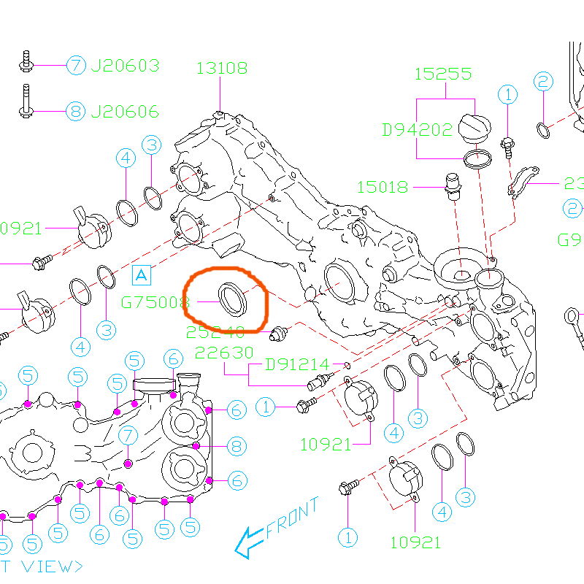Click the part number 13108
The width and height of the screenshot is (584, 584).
(222, 69)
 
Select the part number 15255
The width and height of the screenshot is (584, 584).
(443, 74)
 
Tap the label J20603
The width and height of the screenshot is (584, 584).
(125, 66)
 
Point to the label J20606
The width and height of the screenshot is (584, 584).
(125, 112)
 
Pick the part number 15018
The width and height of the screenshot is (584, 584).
(383, 187)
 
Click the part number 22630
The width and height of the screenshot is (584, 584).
(225, 353)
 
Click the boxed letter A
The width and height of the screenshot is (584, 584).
(142, 274)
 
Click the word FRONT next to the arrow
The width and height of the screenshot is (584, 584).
(293, 518)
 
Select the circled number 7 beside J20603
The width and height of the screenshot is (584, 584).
(77, 65)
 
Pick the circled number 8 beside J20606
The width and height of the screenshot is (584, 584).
(77, 112)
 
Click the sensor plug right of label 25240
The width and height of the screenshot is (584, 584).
(277, 334)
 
